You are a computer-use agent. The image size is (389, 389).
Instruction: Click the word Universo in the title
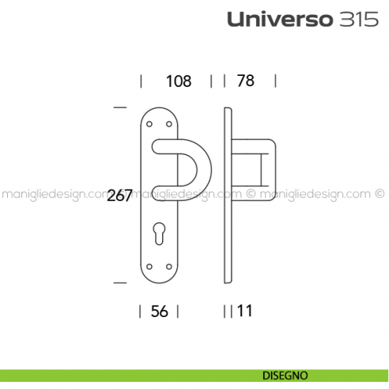pyautogui.click(x=272, y=21)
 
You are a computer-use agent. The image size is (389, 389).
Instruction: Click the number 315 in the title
pyautogui.click(x=346, y=21)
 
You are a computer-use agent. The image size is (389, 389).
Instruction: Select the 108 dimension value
pyautogui.click(x=179, y=81)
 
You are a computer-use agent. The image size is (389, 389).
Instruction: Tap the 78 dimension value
pyautogui.click(x=251, y=81)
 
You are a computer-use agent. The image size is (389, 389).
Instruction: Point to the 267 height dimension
pyautogui.click(x=119, y=196)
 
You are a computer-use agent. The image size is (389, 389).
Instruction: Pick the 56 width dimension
pyautogui.click(x=160, y=311)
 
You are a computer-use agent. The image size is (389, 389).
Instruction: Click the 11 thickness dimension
pyautogui.click(x=244, y=311)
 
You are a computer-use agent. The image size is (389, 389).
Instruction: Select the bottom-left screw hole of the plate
pyautogui.click(x=150, y=266)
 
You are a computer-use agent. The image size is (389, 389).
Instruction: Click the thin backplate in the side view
pyautogui.click(x=228, y=198)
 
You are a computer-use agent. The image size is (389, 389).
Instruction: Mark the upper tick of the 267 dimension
pyautogui.click(x=120, y=106)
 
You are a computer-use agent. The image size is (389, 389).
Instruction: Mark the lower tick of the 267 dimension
pyautogui.click(x=120, y=281)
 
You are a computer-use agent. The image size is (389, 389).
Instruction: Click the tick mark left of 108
pyautogui.click(x=141, y=81)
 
